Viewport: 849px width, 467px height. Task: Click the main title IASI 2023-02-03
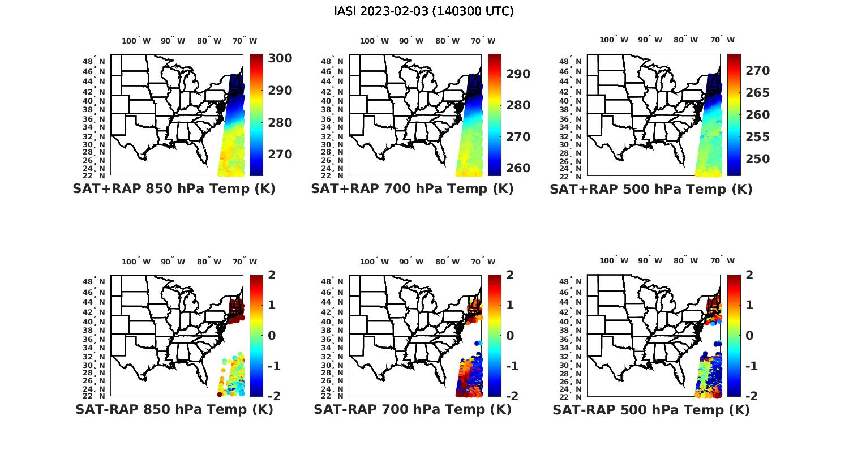coord(424,11)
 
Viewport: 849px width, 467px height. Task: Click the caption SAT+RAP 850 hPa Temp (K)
coord(174,189)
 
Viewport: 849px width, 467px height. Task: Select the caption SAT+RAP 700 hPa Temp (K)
coord(412,189)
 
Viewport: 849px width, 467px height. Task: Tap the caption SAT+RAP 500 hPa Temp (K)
coord(651,189)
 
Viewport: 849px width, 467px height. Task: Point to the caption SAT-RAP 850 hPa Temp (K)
coord(174,409)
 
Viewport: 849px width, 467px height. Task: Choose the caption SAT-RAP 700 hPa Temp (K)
coord(412,409)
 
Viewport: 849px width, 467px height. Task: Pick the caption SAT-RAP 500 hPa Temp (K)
coord(651,410)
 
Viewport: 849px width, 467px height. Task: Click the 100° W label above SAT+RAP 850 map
coord(136,41)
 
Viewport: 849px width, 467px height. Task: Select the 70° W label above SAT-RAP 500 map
coord(722,260)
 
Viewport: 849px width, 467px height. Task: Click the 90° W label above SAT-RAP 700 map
coord(411,262)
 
